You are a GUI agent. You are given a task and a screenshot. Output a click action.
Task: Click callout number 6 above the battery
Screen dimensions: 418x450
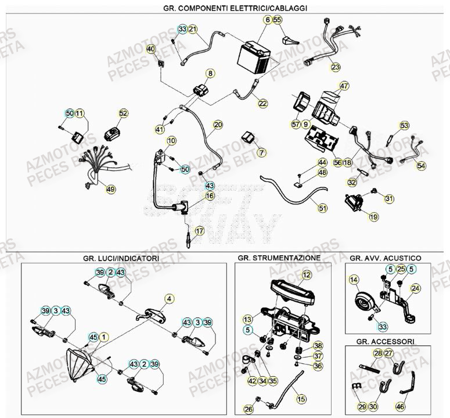coord(267,20)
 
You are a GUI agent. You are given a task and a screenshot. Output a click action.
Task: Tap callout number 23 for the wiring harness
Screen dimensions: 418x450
coord(336,67)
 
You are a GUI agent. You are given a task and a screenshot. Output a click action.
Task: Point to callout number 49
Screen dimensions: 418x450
coord(110,188)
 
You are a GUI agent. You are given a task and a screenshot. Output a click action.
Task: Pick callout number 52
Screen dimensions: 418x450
coord(123,113)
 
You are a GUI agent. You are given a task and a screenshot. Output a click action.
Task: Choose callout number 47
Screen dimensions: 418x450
coord(344,87)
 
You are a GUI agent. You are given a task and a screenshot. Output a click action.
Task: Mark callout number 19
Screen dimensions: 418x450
coord(373,217)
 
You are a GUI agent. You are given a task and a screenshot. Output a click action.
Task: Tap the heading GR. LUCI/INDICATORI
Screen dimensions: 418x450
coord(123,257)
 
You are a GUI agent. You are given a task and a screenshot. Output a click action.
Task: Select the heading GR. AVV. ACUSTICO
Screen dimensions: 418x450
coord(386,257)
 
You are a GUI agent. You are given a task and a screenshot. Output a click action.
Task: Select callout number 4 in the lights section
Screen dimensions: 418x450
coord(169,299)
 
